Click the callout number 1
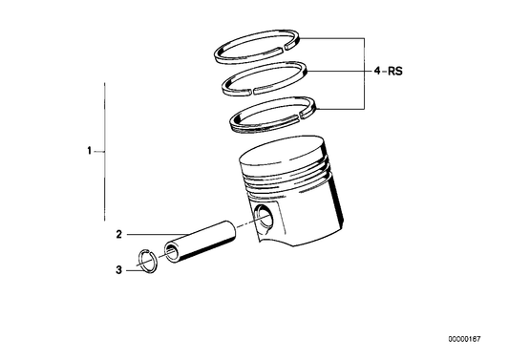(89, 152)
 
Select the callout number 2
(119, 234)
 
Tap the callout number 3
(119, 270)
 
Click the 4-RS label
(388, 71)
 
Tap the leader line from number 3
(131, 270)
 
